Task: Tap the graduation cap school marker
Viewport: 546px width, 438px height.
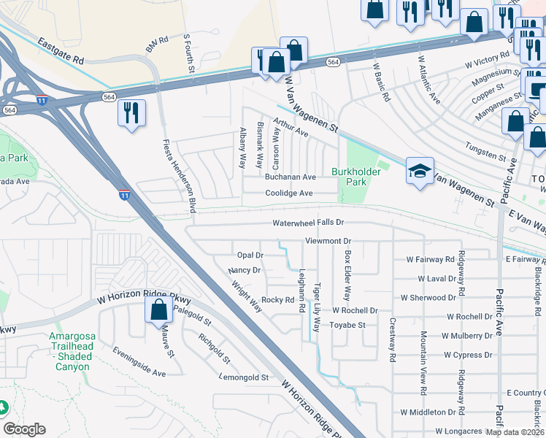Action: point(420,172)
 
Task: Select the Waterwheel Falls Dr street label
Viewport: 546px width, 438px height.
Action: point(307,223)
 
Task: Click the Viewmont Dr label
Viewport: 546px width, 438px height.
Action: point(328,240)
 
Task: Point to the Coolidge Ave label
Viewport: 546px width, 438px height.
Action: point(288,193)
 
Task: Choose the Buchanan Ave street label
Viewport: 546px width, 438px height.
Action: point(290,177)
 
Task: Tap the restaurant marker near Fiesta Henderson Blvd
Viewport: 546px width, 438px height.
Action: point(131,112)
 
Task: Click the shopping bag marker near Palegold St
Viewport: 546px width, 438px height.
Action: point(158,310)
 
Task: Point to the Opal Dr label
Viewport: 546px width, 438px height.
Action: point(250,255)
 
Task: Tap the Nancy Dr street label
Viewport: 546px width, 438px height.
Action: point(245,270)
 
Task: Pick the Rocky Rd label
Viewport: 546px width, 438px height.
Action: point(277,300)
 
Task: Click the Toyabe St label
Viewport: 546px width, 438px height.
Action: point(348,325)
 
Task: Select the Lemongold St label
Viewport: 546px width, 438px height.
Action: point(245,378)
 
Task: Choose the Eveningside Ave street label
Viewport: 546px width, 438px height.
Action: point(139,361)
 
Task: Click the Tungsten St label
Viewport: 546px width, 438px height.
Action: point(486,157)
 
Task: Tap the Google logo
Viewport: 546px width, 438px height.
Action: point(24,429)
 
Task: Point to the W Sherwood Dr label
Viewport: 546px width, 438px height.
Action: point(428,298)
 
